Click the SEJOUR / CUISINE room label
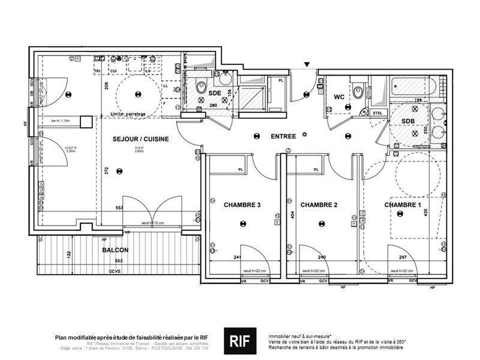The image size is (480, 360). pos(140,139)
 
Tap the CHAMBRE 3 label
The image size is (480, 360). pos(242,205)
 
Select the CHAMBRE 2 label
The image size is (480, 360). pos(319,205)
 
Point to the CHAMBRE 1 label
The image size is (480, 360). pos(403,205)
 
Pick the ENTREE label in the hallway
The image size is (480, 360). pos(283,137)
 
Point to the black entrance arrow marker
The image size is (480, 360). pos(307,64)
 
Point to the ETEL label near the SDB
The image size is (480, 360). pos(378,112)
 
